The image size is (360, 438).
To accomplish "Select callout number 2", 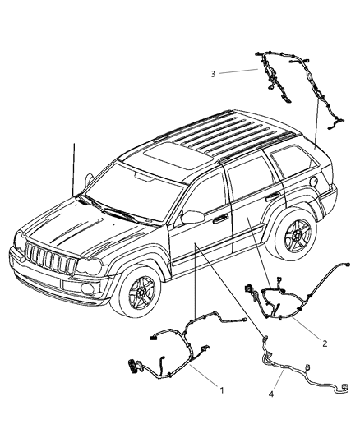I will (x=325, y=343).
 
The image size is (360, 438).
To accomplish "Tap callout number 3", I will (x=213, y=73).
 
